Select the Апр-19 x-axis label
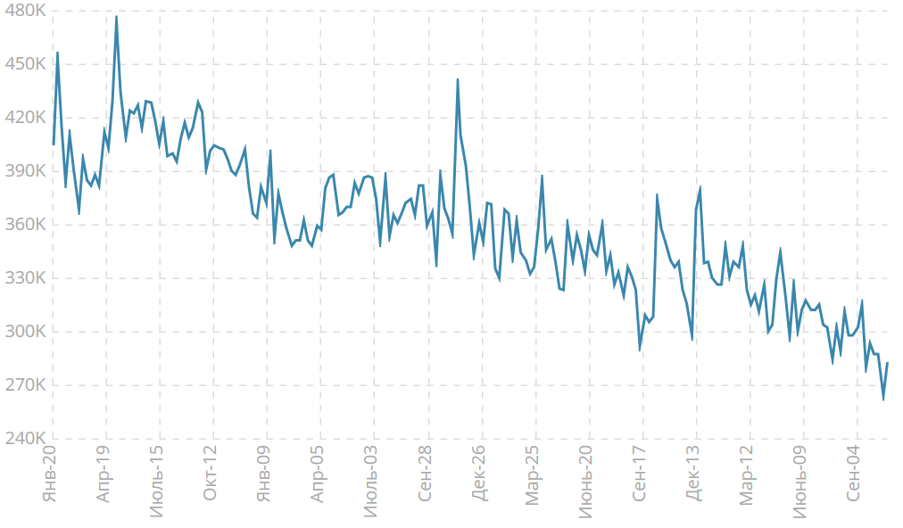[x=104, y=473]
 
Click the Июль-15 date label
[x=157, y=477]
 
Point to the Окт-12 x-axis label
[x=211, y=473]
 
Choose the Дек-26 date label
[x=479, y=473]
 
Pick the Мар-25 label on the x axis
[x=533, y=474]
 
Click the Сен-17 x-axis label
[x=640, y=473]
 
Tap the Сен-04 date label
[x=855, y=473]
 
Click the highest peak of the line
[x=116, y=16]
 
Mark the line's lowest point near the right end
[x=883, y=399]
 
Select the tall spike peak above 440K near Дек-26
[x=458, y=79]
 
